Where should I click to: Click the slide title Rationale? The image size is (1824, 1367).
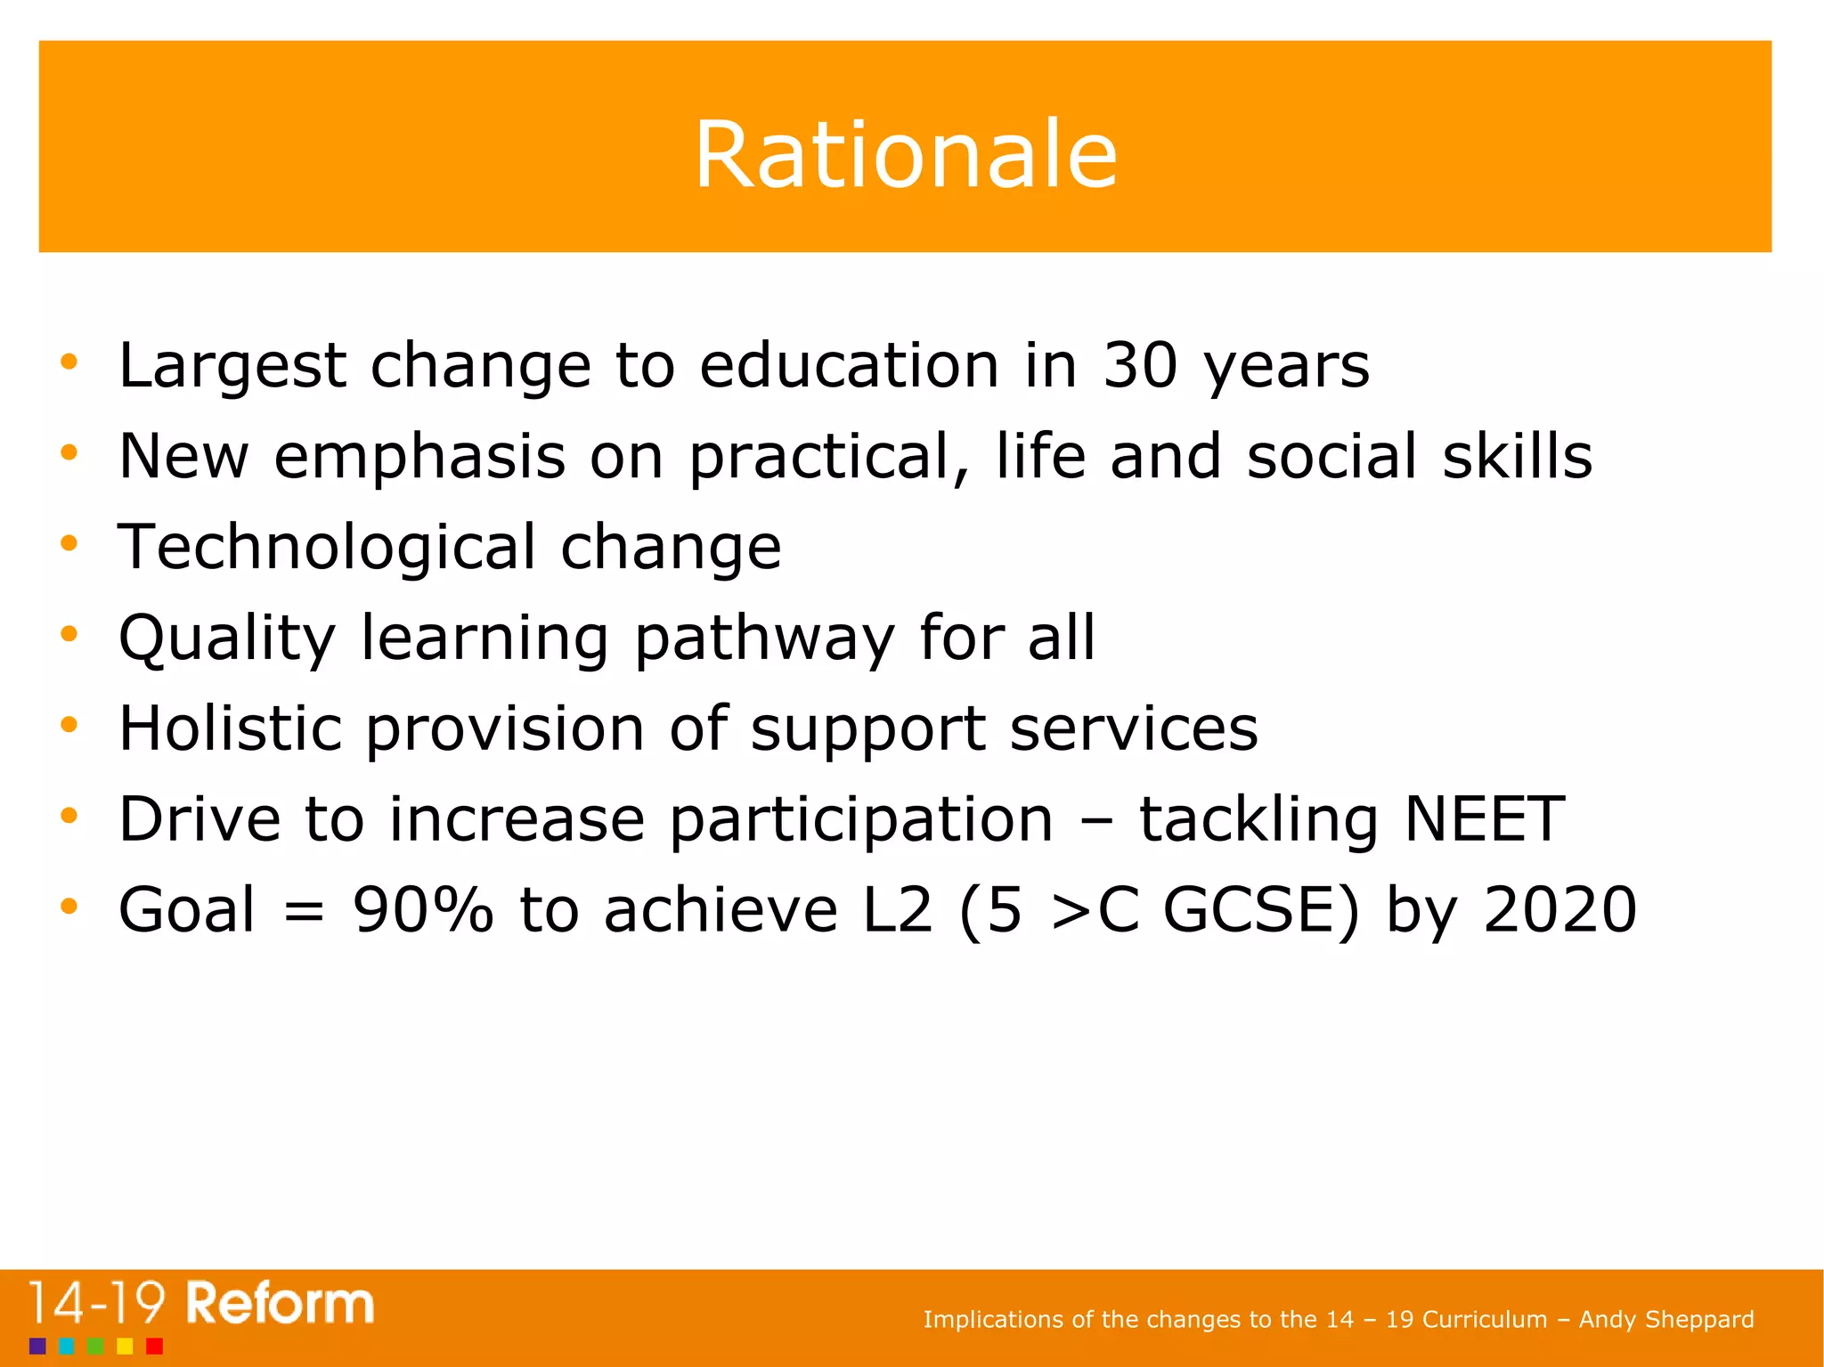[x=905, y=155]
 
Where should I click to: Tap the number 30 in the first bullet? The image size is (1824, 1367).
[x=1140, y=366]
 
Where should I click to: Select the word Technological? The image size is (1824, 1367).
[x=327, y=547]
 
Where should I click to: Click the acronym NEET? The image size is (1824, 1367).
[x=1484, y=819]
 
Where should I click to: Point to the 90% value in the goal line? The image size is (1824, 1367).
[x=423, y=910]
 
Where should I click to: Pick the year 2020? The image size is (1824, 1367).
[x=1559, y=910]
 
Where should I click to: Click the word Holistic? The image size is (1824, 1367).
[x=230, y=728]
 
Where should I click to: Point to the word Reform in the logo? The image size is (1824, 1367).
[x=280, y=1305]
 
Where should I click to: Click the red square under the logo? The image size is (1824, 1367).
[x=154, y=1346]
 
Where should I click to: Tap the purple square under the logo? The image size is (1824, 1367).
[x=37, y=1346]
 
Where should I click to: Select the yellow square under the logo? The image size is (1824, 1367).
[x=125, y=1346]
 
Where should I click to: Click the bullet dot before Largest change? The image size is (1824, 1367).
[x=69, y=362]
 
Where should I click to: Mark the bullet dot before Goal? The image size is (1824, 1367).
[x=69, y=907]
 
